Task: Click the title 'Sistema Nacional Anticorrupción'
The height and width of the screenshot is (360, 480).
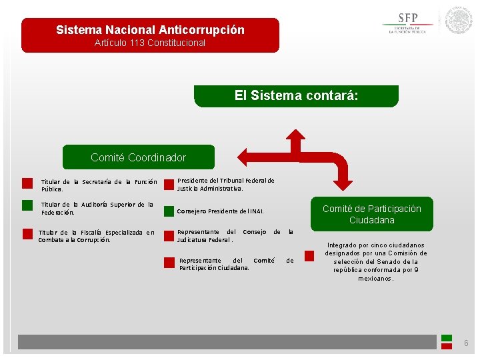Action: tap(150, 30)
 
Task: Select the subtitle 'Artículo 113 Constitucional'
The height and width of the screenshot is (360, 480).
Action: tap(150, 43)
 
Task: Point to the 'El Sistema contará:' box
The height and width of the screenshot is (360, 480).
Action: tap(296, 96)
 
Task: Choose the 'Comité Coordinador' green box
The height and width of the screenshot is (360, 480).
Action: tap(138, 157)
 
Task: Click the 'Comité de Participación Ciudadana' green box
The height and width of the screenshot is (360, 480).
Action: tap(371, 214)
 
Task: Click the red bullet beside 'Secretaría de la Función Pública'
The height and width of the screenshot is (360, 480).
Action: tap(27, 183)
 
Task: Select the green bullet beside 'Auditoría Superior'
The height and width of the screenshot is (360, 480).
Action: tap(27, 206)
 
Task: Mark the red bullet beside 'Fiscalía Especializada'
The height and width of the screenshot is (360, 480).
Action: tap(27, 233)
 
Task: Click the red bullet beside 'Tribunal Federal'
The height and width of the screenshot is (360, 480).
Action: tap(169, 183)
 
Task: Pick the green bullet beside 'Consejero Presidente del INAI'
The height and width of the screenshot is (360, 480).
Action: tap(169, 211)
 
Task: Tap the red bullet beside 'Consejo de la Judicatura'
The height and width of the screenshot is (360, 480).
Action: tap(169, 234)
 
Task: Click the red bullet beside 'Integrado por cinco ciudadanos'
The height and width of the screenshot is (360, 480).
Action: tap(309, 255)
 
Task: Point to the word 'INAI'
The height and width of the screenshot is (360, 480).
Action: tap(255, 211)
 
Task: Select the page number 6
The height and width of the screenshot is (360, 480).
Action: tap(466, 343)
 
